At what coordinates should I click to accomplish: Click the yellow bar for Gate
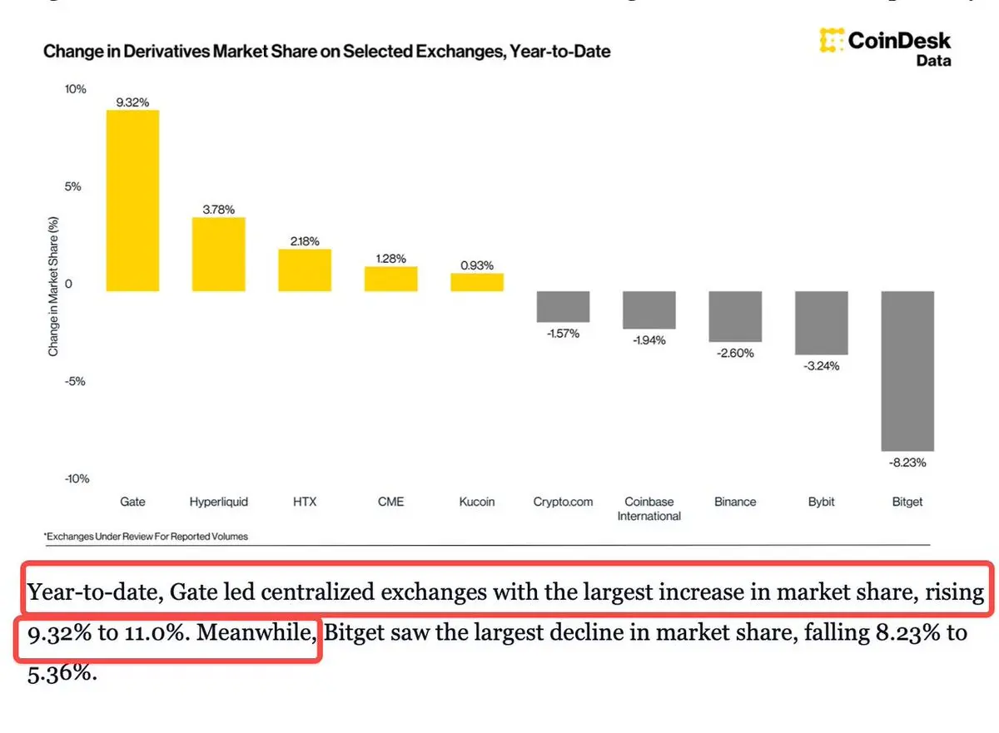[x=132, y=200]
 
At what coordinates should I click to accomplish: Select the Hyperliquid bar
[x=218, y=254]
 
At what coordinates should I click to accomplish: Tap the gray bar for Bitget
[x=907, y=370]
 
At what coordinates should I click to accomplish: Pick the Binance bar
[x=735, y=316]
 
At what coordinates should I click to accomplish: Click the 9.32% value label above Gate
[x=132, y=102]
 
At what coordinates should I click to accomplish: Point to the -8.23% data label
[x=907, y=462]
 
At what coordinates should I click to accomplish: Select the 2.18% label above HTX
[x=304, y=240]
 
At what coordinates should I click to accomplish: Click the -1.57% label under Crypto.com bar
[x=563, y=333]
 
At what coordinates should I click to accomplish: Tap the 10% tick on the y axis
[x=75, y=89]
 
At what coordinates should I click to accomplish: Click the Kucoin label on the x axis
[x=476, y=502]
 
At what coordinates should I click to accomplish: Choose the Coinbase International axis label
[x=649, y=508]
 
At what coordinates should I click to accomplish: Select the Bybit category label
[x=821, y=502]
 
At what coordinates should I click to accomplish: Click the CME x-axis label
[x=390, y=502]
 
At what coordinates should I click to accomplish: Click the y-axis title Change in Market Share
[x=53, y=287]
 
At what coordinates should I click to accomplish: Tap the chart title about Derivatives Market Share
[x=326, y=52]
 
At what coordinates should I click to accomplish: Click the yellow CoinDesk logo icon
[x=830, y=40]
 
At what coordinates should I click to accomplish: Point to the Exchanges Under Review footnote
[x=147, y=537]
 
